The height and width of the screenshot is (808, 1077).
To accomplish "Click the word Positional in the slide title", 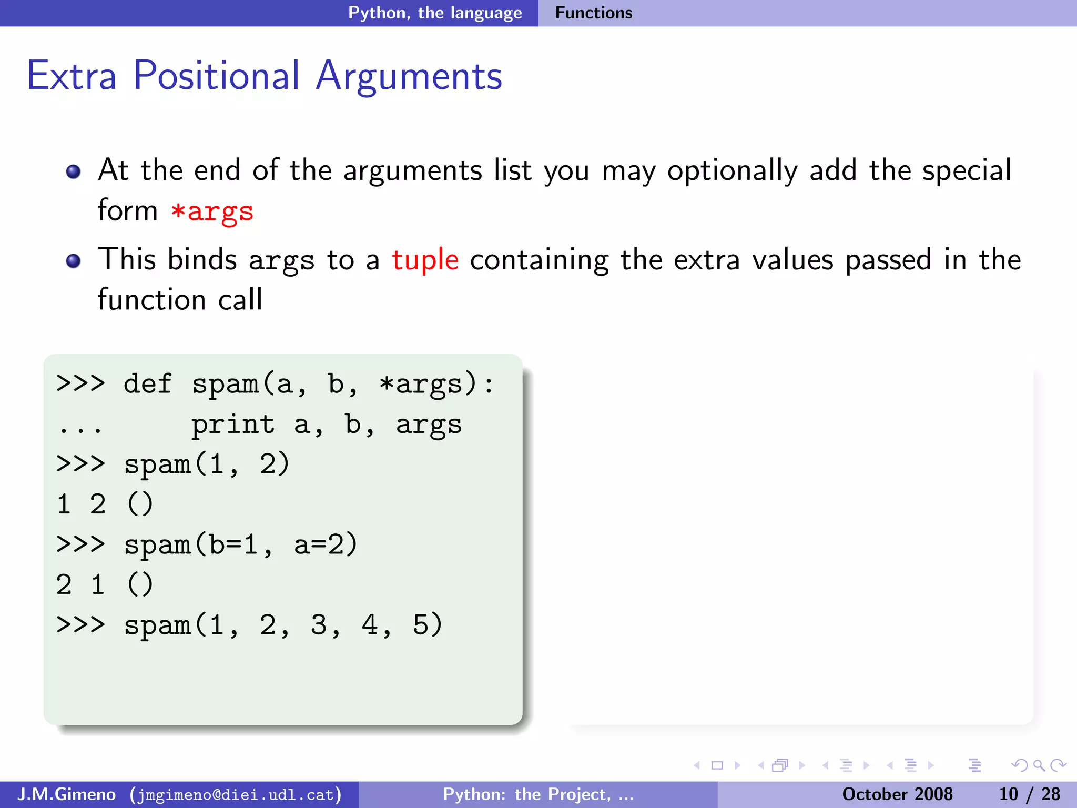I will [x=216, y=76].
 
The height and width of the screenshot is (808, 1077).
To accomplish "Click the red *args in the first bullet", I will [x=212, y=211].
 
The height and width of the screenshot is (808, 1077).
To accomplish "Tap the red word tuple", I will [x=425, y=260].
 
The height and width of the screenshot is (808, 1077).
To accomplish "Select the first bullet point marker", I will [x=74, y=171].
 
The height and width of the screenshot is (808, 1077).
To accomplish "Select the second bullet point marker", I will [x=74, y=261].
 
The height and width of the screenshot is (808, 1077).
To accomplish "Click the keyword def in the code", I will [x=147, y=383].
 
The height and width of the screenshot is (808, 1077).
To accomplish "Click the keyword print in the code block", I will [x=232, y=425].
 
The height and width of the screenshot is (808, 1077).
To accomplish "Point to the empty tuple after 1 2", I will [x=140, y=504].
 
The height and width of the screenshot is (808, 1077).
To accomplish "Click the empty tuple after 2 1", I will [x=140, y=585].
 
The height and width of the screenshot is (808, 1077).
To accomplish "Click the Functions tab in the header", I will [x=593, y=13].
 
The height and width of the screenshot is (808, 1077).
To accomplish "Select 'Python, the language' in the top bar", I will [x=435, y=13].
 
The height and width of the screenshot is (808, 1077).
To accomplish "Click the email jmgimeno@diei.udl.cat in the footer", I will [x=236, y=794].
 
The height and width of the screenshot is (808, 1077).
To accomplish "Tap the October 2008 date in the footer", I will [x=897, y=794].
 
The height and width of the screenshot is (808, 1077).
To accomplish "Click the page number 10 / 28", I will [x=1029, y=794].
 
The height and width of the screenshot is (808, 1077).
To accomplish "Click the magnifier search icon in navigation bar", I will [x=1039, y=765].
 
